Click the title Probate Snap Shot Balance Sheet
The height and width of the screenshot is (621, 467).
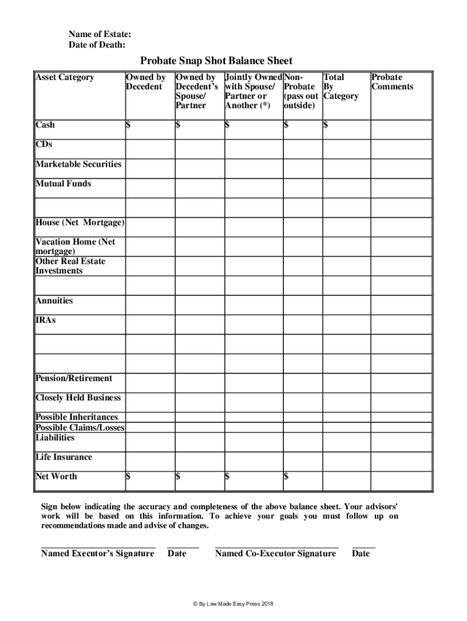[x=216, y=61]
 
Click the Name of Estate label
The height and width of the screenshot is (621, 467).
[x=99, y=35]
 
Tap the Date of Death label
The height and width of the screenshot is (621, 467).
[x=97, y=45]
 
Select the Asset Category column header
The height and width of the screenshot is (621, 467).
[x=65, y=77]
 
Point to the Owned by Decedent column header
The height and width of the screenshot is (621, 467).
[x=146, y=82]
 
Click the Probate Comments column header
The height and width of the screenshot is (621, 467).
[x=392, y=82]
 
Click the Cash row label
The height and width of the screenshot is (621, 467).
[x=45, y=124]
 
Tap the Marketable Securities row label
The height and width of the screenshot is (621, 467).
[x=78, y=164]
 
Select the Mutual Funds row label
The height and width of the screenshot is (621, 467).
[x=63, y=183]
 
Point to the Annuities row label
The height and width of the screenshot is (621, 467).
[x=54, y=301]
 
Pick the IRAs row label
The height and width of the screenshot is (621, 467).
[x=45, y=320]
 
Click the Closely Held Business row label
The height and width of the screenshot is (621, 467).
[x=78, y=398]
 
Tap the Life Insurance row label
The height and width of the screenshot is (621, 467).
[x=64, y=457]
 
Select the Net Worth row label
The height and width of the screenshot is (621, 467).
[x=56, y=476]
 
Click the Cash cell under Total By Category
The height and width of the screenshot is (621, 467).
[x=346, y=126]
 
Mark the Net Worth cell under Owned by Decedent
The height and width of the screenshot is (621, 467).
[x=149, y=477]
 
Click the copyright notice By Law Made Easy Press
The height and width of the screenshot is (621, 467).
[x=233, y=605]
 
